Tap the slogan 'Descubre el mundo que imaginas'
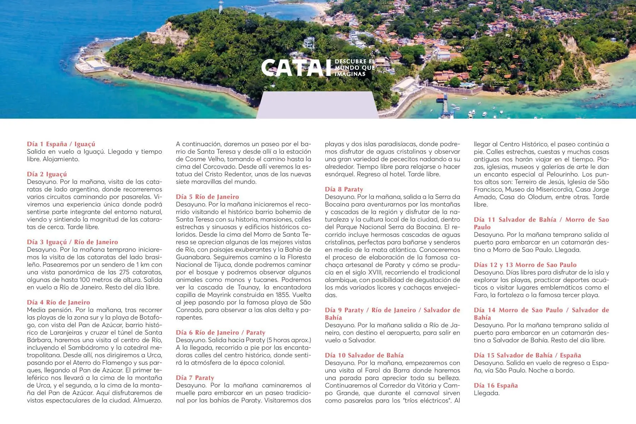(x=354, y=67)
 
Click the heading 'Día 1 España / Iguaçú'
(x=61, y=144)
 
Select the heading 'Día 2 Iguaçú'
(x=47, y=174)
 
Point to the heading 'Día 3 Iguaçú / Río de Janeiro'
(x=72, y=242)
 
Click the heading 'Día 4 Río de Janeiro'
(x=59, y=302)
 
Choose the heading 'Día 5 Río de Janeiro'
(x=207, y=197)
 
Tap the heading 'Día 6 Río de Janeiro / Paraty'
(x=220, y=332)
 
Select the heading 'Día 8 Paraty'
(x=344, y=189)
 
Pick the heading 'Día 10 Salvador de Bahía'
(x=364, y=355)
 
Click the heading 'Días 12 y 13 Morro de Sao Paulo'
(x=525, y=265)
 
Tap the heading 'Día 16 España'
(x=496, y=385)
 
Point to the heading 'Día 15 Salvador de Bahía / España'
(x=527, y=355)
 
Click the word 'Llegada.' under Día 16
(x=487, y=393)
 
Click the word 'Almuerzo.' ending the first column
(x=148, y=400)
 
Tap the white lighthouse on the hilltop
(x=221, y=6)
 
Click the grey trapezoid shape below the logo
(x=317, y=105)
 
